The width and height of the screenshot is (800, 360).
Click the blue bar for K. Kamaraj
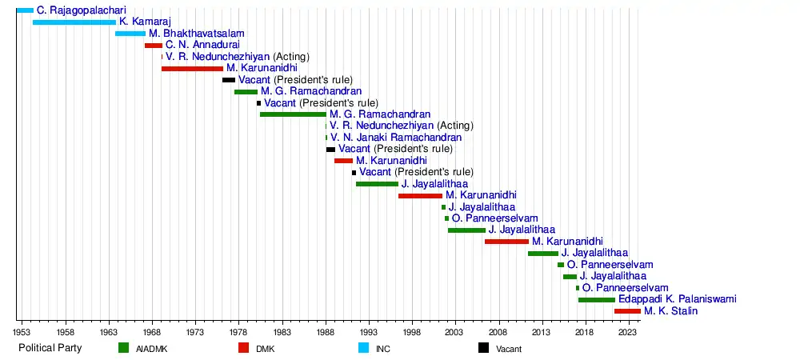pos(74,22)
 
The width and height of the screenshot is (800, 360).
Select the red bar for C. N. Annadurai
pos(154,46)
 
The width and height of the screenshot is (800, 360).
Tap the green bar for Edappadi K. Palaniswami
pos(597,300)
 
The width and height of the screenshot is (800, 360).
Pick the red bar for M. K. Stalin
pos(627,311)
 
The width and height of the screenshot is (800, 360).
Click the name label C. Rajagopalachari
pos(81,10)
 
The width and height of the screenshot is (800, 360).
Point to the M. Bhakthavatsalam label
pos(197,33)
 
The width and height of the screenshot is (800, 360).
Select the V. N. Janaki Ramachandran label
pos(396,137)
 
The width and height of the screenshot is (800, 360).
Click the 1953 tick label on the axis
pos(22,331)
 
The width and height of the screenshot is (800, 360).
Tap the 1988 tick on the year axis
pos(326,331)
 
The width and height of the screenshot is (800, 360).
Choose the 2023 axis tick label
pos(629,331)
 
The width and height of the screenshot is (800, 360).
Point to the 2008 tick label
pos(499,331)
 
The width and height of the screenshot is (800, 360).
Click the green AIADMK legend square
pos(123,348)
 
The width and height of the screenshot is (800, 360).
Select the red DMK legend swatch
pos(243,348)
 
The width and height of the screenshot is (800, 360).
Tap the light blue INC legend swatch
pos(363,348)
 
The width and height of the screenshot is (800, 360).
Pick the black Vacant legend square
pos(483,348)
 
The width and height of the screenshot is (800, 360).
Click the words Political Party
pos(50,348)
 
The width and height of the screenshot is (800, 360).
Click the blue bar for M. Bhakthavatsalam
pos(130,34)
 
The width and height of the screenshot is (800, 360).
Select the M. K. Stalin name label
pos(670,311)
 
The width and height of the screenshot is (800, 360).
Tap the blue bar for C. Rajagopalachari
pos(25,10)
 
